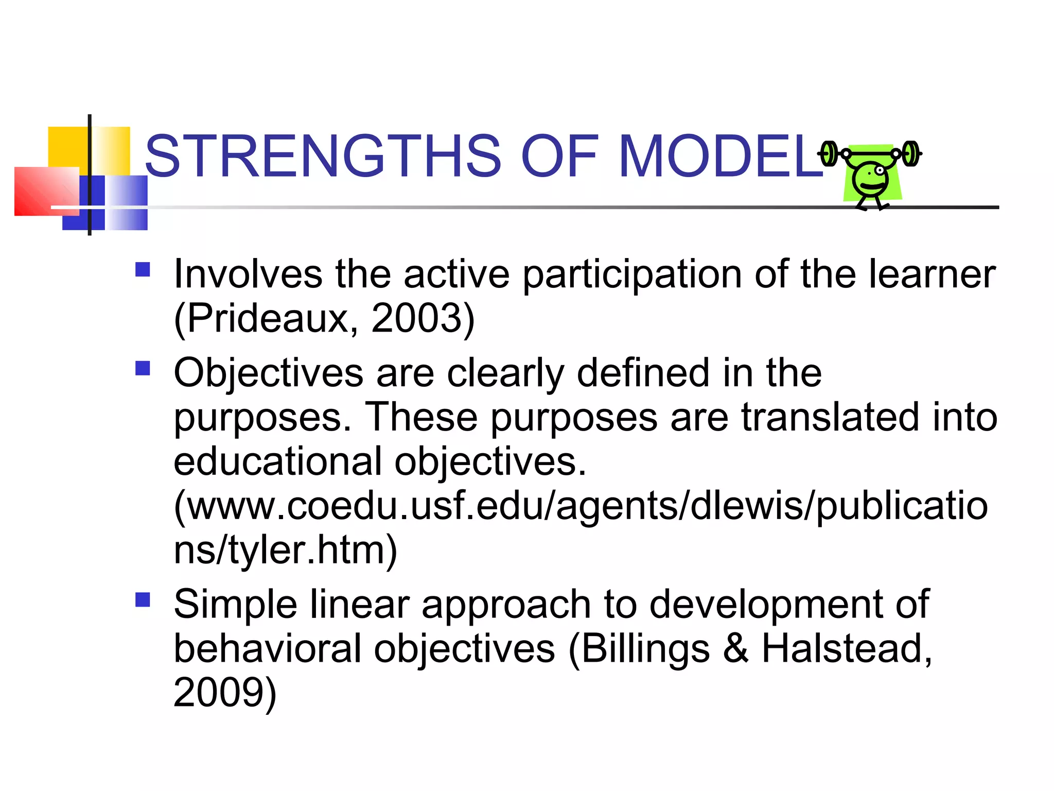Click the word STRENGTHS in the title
point(323,156)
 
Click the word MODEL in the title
point(721,156)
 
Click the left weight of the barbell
point(829,153)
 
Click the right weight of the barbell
point(911,153)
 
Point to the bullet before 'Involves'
point(143,270)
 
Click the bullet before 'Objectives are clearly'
point(143,368)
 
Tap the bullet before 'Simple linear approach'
point(143,599)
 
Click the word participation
point(632,274)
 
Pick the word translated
point(830,417)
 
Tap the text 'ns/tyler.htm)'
point(285,550)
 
